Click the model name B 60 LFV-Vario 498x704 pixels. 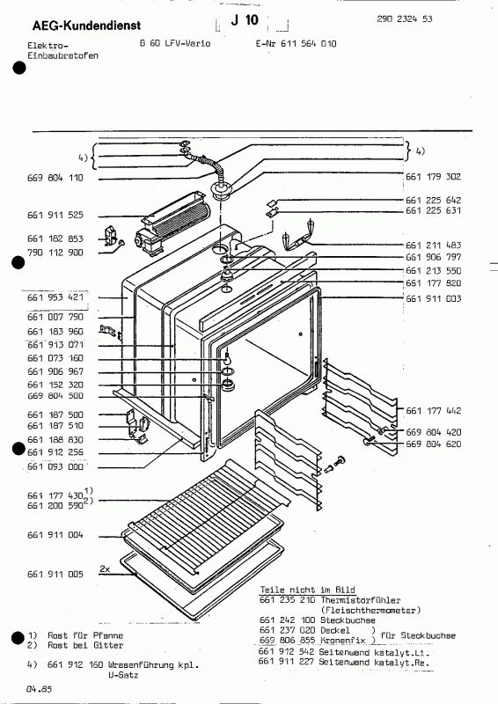173,43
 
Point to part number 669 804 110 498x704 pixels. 55,178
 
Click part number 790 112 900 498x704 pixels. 55,252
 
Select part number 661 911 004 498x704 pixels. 55,534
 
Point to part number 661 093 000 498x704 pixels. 55,466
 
